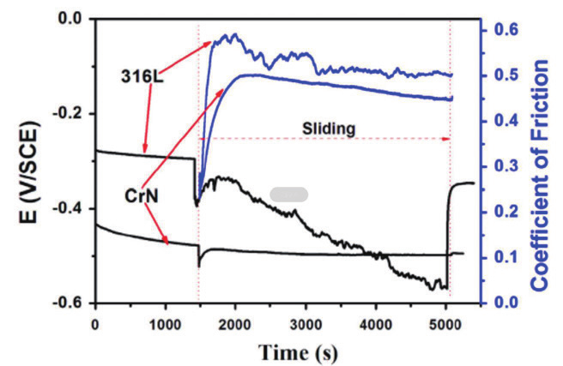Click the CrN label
tap(140, 196)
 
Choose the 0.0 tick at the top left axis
tap(73, 18)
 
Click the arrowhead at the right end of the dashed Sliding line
tap(446, 138)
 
